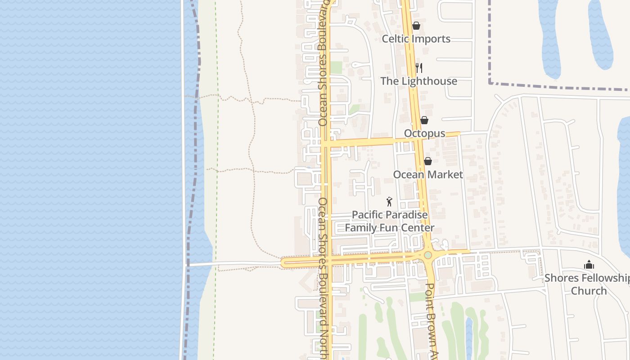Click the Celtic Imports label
point(416,39)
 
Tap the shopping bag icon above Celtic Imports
point(416,26)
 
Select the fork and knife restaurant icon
point(419,68)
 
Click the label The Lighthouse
point(418,81)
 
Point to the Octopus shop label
point(424,133)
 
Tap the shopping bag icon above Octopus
point(424,120)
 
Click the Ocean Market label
point(427,175)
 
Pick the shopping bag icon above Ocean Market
point(428,161)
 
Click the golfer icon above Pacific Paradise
point(390,202)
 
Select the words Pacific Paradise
point(390,215)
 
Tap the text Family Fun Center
point(390,228)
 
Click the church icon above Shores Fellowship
point(589,265)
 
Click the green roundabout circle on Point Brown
point(428,255)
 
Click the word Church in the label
point(589,291)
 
